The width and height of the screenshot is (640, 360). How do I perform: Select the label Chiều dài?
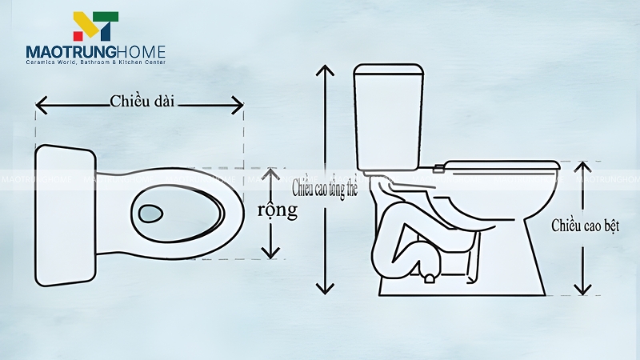coord(142,101)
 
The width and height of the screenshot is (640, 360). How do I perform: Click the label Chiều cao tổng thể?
coord(324,189)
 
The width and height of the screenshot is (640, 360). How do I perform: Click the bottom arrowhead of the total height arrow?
coord(324,290)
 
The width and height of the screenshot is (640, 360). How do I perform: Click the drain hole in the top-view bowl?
coord(150,214)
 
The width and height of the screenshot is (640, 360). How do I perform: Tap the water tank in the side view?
coord(388,117)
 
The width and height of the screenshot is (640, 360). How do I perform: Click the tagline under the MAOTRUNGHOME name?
coord(95,62)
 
